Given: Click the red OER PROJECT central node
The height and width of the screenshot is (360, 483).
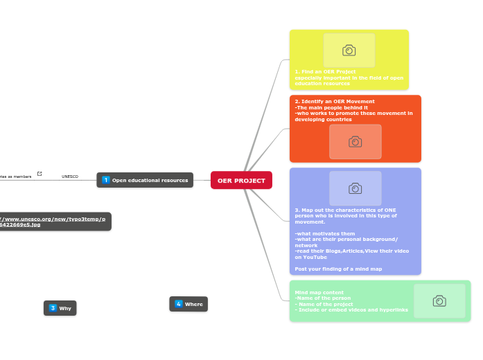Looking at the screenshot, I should click(241, 181).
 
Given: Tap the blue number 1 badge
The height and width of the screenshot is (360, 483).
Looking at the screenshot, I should click(106, 180).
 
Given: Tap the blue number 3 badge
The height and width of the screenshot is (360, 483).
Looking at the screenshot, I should click(53, 308).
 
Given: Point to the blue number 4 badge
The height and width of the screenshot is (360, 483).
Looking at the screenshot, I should click(178, 304).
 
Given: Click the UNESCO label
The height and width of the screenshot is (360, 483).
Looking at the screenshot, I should click(70, 177).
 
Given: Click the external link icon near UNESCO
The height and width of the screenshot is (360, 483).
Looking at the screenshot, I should click(39, 174).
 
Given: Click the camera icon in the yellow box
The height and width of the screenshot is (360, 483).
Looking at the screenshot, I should click(349, 51).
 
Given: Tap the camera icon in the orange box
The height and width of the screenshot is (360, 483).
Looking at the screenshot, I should click(355, 142).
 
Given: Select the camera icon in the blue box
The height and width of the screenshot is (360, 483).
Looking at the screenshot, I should click(355, 188).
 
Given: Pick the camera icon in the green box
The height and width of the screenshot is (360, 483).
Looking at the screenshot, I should click(439, 300).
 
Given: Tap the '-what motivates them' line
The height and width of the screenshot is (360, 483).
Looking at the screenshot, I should click(324, 233).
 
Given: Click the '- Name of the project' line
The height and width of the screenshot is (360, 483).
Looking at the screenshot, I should click(324, 304).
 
